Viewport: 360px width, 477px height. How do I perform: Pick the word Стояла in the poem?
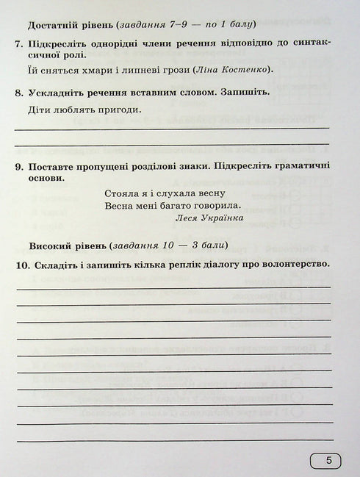(x=122, y=191)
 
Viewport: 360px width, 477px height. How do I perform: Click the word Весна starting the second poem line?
(x=120, y=205)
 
